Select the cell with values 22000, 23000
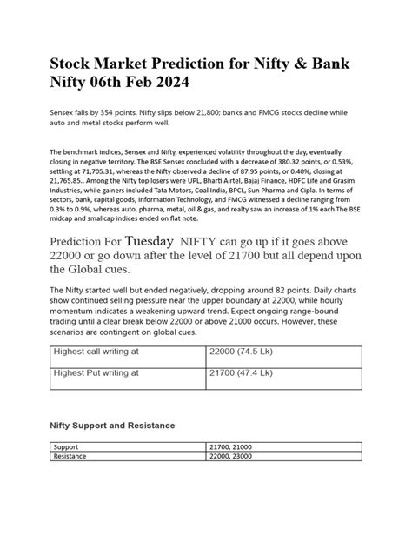coord(232,455)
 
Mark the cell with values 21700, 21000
coord(231,446)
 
